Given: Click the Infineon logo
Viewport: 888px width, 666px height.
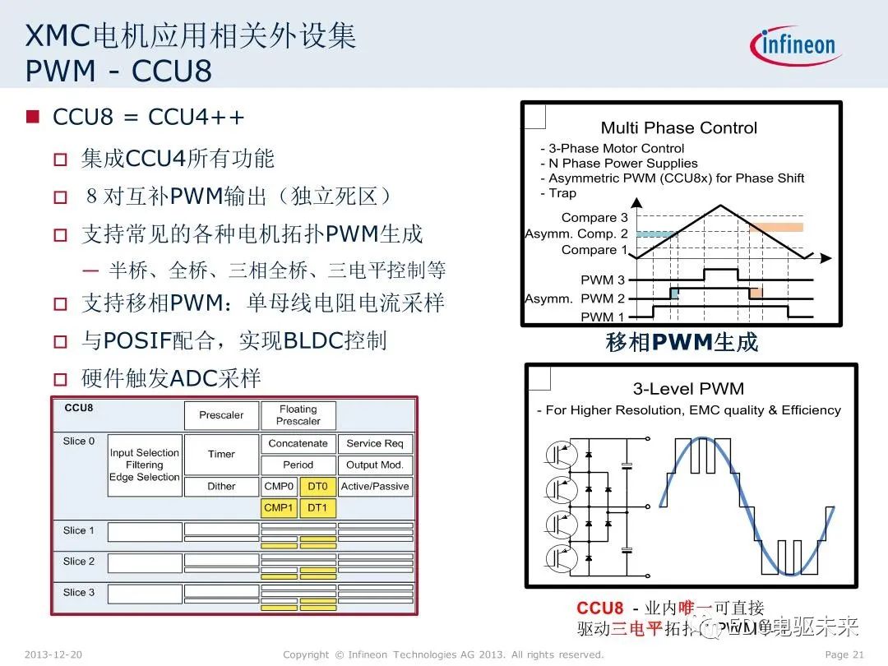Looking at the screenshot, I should [x=795, y=45].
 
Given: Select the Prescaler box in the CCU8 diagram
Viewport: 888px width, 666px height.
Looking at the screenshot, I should [x=221, y=415].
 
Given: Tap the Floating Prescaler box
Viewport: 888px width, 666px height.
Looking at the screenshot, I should [x=298, y=415].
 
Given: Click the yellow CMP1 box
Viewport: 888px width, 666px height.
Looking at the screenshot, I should [x=279, y=508].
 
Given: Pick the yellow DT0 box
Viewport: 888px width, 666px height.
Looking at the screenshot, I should [x=317, y=487].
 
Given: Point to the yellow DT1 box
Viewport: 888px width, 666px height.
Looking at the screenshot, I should [x=317, y=508].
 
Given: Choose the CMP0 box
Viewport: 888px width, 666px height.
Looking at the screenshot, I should [x=279, y=487].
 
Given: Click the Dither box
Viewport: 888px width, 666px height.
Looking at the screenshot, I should [x=221, y=487].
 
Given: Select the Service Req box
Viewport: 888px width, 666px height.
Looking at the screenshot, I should [x=374, y=443].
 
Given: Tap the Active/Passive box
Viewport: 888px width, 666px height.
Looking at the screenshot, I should [x=374, y=487].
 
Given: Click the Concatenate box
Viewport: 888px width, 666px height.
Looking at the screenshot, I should [x=298, y=443].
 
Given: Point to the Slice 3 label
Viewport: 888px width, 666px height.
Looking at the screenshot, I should [x=79, y=592].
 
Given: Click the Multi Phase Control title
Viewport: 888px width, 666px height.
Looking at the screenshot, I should [x=678, y=127].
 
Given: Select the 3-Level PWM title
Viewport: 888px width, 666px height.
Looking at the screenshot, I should [x=688, y=389].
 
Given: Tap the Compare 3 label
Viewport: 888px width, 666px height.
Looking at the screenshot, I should [x=594, y=218].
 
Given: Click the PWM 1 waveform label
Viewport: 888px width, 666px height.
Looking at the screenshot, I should [x=603, y=317].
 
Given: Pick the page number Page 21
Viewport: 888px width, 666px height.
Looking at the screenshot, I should [x=844, y=654].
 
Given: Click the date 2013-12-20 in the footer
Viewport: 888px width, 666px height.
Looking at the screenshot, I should [x=53, y=654].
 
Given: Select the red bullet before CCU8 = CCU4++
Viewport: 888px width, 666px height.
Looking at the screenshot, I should [x=33, y=117].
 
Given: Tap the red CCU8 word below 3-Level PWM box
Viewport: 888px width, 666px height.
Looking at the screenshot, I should [x=599, y=608].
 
